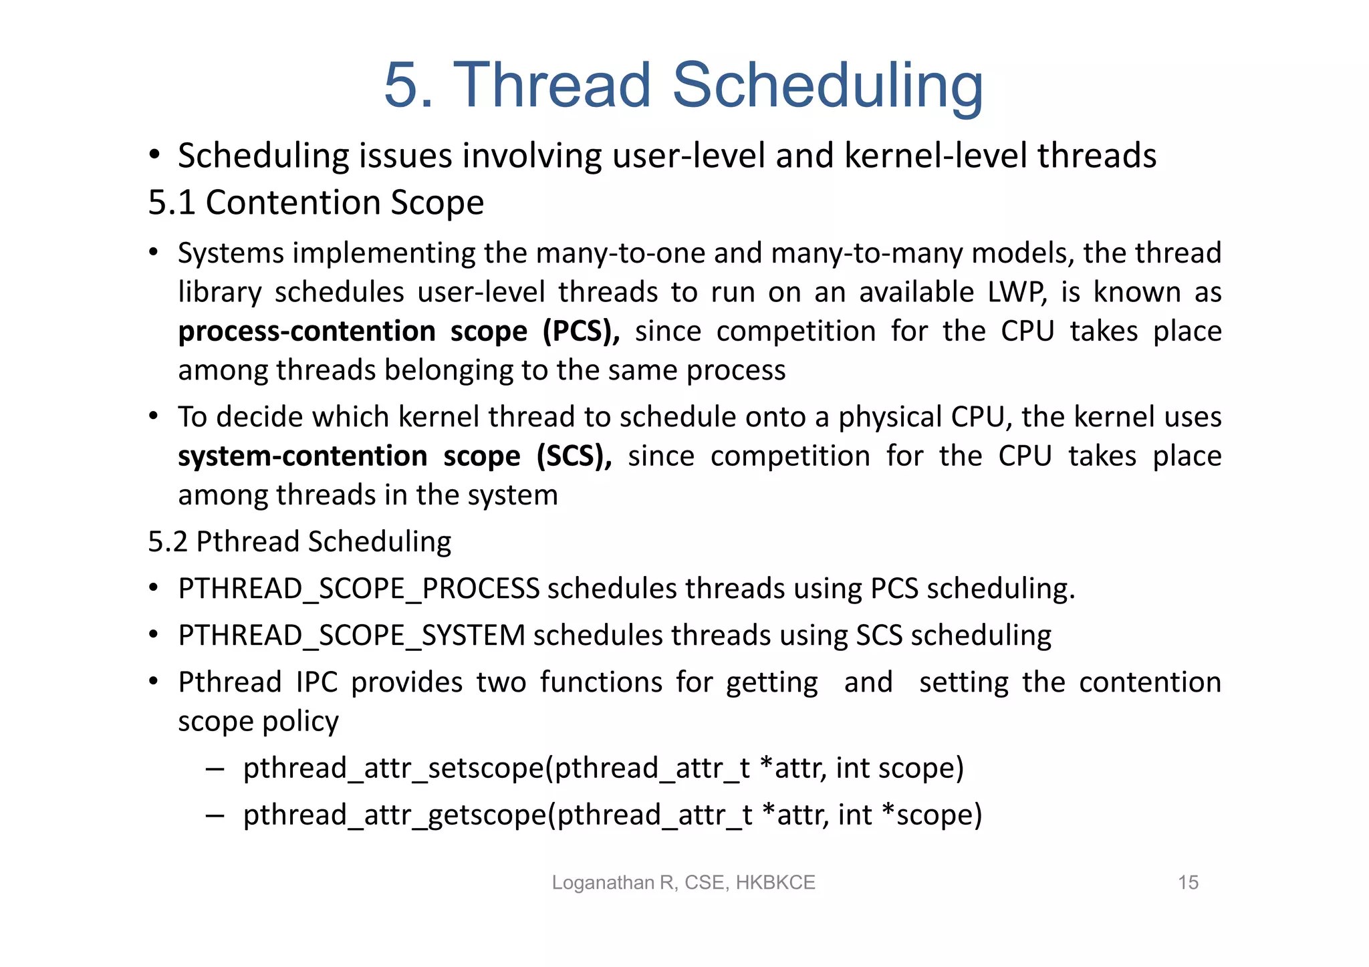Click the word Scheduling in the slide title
828,86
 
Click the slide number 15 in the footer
1188,882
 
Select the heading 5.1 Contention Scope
316,202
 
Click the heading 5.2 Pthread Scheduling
299,541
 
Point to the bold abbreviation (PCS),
580,331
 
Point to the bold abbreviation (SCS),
574,456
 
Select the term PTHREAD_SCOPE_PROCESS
358,589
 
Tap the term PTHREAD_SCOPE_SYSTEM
352,636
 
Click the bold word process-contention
307,331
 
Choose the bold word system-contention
302,456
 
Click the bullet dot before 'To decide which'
154,416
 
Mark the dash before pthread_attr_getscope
215,815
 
